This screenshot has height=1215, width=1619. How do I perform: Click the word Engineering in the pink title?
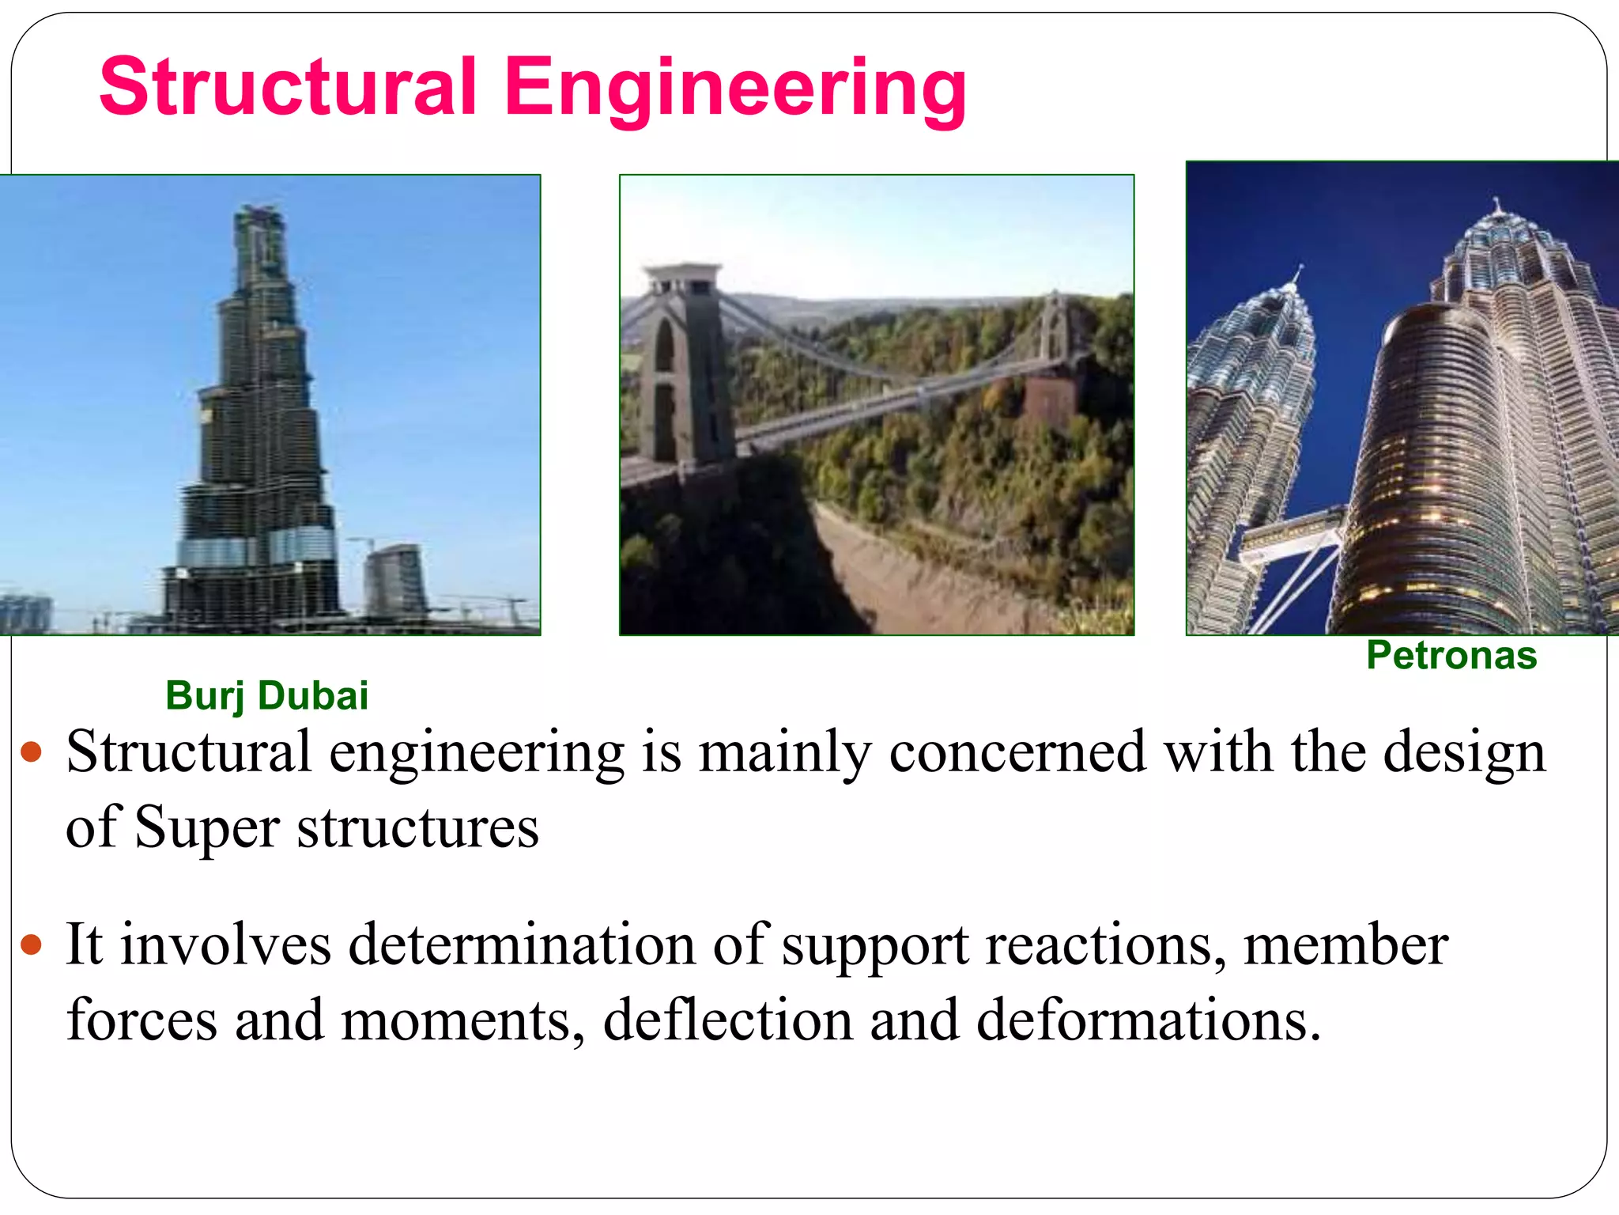pyautogui.click(x=735, y=89)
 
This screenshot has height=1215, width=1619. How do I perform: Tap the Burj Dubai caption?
pyautogui.click(x=266, y=696)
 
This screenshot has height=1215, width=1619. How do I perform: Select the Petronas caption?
pyautogui.click(x=1451, y=656)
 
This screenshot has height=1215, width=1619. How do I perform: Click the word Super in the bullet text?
pyautogui.click(x=207, y=828)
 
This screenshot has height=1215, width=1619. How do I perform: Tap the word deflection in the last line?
pyautogui.click(x=727, y=1020)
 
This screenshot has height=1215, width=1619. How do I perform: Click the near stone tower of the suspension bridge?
pyautogui.click(x=685, y=364)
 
